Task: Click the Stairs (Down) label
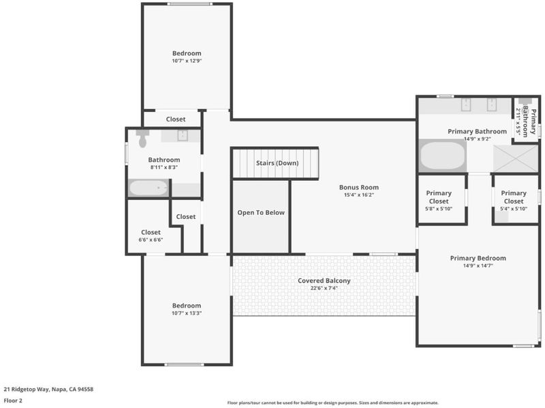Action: (x=277, y=163)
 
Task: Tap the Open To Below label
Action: (x=261, y=212)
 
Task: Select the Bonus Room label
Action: (x=359, y=188)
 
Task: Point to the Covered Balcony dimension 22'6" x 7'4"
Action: (x=324, y=288)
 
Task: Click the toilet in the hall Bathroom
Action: (x=142, y=139)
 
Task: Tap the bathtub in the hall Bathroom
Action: (x=149, y=188)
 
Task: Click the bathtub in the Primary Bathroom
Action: (x=442, y=156)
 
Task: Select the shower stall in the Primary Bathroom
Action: (x=516, y=158)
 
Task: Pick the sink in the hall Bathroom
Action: (x=183, y=135)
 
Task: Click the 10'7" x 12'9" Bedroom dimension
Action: (x=187, y=61)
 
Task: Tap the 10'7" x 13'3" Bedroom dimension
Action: (x=187, y=313)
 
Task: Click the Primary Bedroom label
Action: (x=478, y=258)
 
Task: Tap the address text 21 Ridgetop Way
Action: (x=26, y=389)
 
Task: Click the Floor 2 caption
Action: (x=13, y=400)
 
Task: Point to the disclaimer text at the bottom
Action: (x=333, y=403)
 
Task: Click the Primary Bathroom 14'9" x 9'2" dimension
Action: (x=477, y=139)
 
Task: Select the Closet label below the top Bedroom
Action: (x=176, y=119)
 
